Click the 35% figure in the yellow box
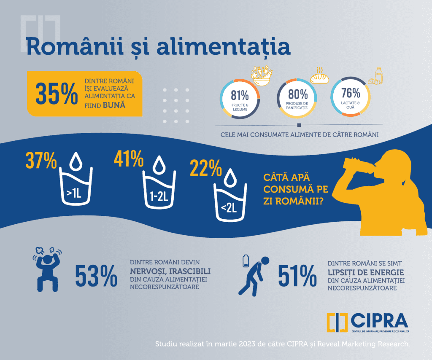57,93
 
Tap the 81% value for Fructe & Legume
239,95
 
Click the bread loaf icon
320,77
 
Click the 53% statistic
96,276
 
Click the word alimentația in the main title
224,48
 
